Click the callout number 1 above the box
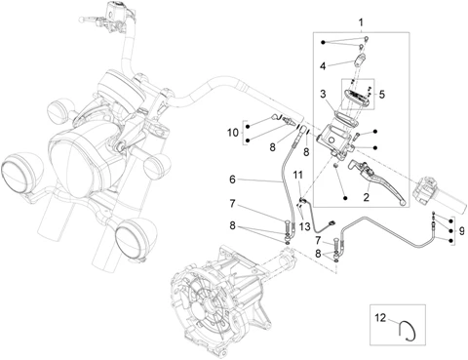click(361, 23)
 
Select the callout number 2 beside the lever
click(367, 197)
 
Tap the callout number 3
click(323, 94)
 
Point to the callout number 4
click(323, 66)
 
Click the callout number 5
click(381, 95)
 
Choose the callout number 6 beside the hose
click(232, 180)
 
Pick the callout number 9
click(462, 231)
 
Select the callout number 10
click(233, 133)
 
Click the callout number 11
click(297, 175)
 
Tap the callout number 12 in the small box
click(380, 317)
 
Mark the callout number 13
click(305, 226)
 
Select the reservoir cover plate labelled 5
click(358, 98)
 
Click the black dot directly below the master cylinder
click(345, 198)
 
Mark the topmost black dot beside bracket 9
click(450, 221)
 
